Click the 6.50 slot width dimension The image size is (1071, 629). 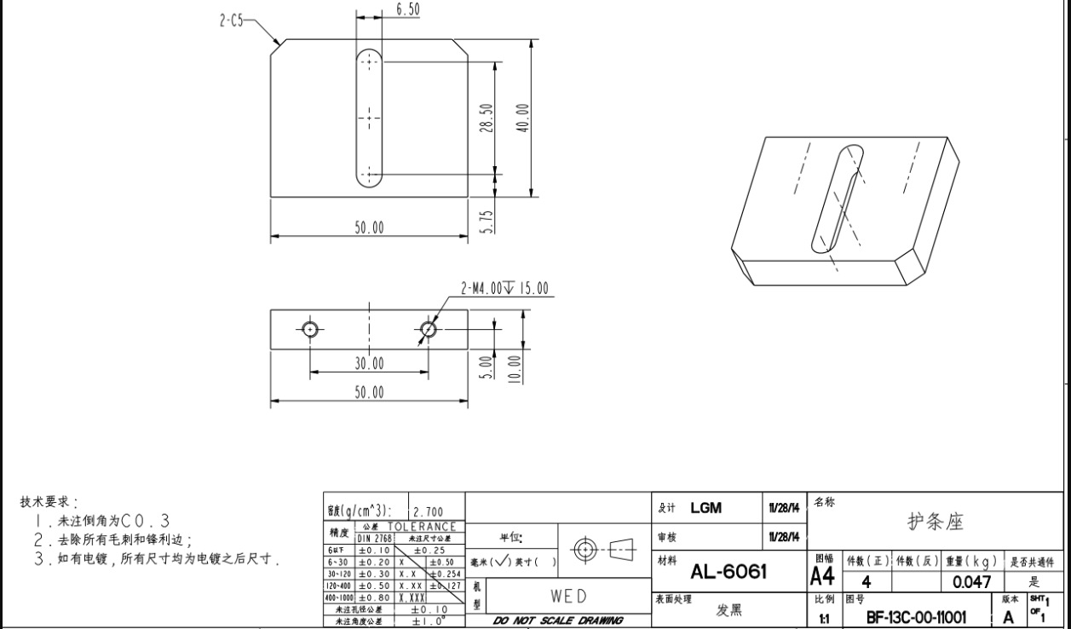click(x=407, y=9)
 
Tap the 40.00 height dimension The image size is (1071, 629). click(x=522, y=118)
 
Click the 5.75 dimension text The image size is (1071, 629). click(x=487, y=222)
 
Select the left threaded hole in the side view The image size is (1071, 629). click(x=309, y=329)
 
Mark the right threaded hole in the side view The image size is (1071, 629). click(x=429, y=329)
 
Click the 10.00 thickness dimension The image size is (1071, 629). click(x=513, y=369)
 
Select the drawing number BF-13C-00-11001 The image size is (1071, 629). click(x=917, y=617)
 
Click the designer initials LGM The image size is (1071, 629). click(x=706, y=508)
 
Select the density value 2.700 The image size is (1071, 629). click(x=428, y=512)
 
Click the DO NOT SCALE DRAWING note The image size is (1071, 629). click(x=558, y=620)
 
